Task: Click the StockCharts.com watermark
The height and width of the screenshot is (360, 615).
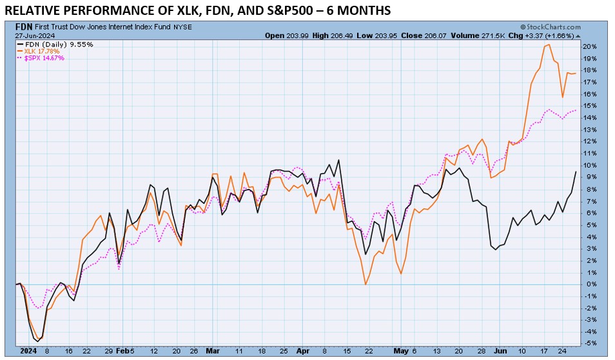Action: coord(549,27)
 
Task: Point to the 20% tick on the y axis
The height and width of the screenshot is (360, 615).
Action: coord(591,46)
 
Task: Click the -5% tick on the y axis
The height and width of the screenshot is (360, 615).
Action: coord(591,343)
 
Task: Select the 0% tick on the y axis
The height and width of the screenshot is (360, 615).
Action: coord(591,284)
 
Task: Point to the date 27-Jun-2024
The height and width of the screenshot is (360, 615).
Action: coord(34,35)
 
